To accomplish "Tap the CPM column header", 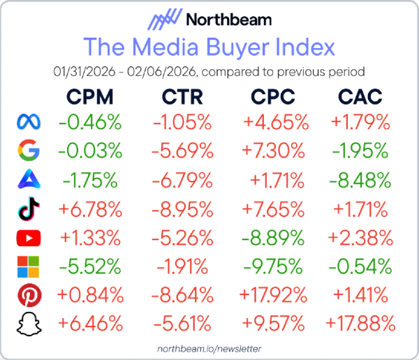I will click(x=91, y=96).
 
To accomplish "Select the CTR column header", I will click(x=183, y=96).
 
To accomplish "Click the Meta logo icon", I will click(x=29, y=123).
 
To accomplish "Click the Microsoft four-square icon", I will click(x=29, y=266).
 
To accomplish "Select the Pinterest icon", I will click(x=29, y=294).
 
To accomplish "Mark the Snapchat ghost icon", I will click(x=29, y=323).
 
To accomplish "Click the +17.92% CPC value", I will click(x=271, y=294).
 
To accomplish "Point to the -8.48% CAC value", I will click(x=360, y=180).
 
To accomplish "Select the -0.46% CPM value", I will click(x=91, y=123).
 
